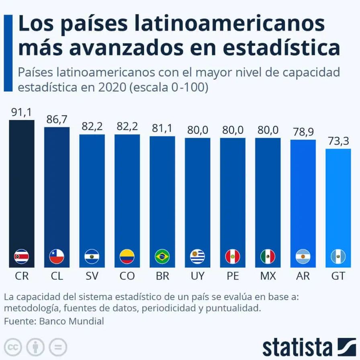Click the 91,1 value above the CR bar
point(21,113)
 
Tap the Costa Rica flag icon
point(21,256)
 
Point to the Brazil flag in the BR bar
point(162,256)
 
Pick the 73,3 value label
point(338,141)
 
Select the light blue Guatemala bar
point(338,201)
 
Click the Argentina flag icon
point(303,256)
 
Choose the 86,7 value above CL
point(57,120)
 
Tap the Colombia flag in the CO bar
point(127,256)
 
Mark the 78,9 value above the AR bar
point(303,132)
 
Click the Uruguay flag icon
point(197,256)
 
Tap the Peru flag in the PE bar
point(233,256)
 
